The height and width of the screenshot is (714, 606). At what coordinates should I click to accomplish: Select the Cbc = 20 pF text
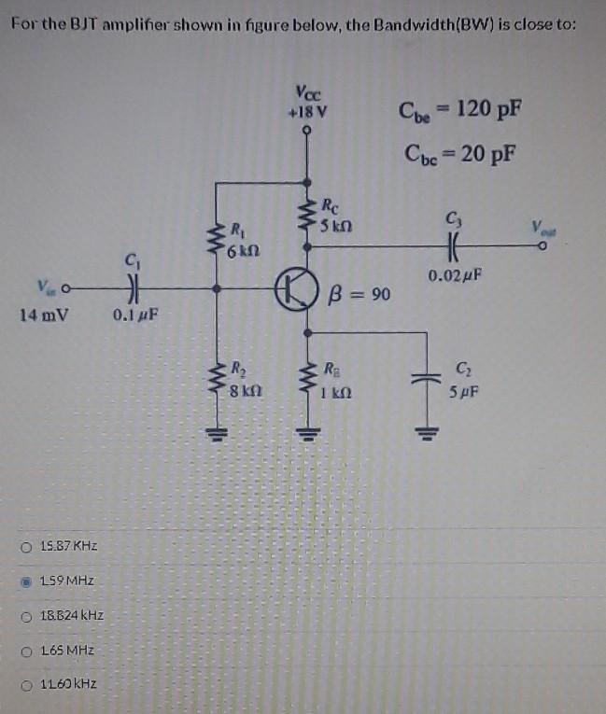click(x=458, y=150)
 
